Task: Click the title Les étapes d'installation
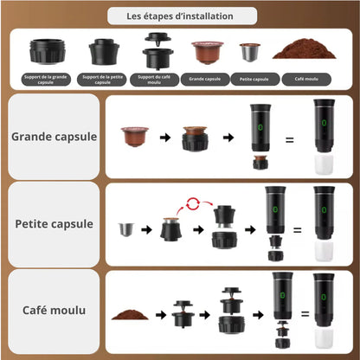[181, 15]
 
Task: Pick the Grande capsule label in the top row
[204, 78]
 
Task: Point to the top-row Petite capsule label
[250, 78]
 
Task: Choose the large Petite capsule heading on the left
[54, 223]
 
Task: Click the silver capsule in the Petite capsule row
[128, 229]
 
